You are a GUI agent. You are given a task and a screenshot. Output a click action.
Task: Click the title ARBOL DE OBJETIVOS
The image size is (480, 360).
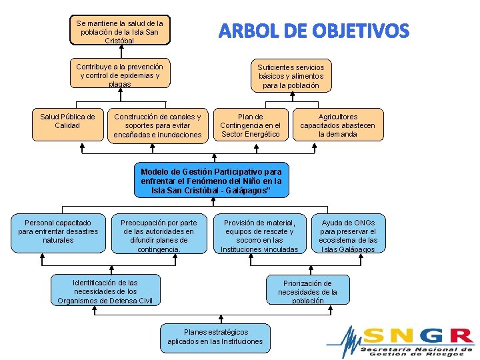[x=314, y=31]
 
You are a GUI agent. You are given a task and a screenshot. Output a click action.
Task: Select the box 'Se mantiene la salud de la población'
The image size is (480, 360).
[x=120, y=31]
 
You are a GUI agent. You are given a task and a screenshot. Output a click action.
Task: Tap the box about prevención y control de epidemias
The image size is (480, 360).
[x=120, y=75]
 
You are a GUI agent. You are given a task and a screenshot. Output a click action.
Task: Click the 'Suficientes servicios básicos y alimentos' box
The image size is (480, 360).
[x=291, y=76]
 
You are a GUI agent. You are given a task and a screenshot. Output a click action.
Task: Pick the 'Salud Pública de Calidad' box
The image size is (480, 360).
[x=67, y=124]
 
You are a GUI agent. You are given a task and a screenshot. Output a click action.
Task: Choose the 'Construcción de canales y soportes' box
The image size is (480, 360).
[x=157, y=125]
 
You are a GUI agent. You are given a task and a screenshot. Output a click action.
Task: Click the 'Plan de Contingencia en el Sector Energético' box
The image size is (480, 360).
[x=251, y=125]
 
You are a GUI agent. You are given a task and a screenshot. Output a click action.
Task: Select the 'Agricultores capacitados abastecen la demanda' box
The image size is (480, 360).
[x=337, y=125]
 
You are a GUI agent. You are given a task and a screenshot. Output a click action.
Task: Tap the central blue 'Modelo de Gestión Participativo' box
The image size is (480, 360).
[x=211, y=180]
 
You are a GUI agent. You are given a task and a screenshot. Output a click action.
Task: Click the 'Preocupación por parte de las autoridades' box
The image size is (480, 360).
[x=159, y=235]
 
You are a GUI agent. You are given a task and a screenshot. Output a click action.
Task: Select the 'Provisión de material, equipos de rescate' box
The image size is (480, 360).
[x=259, y=235]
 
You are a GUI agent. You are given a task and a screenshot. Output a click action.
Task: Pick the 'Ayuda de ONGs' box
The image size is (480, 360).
[x=348, y=235]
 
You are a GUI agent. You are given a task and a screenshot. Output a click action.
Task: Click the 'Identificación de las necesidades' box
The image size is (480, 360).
[x=105, y=291]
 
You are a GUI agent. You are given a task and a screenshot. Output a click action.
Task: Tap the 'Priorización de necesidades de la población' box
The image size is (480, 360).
[x=307, y=291]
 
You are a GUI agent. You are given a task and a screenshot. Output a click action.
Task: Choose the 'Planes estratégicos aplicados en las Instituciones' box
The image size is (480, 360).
[x=215, y=337]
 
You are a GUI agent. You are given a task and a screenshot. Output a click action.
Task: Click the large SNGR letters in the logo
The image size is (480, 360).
[x=418, y=335]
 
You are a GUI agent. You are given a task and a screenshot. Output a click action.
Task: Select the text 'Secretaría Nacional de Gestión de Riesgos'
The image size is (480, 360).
[x=416, y=351]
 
